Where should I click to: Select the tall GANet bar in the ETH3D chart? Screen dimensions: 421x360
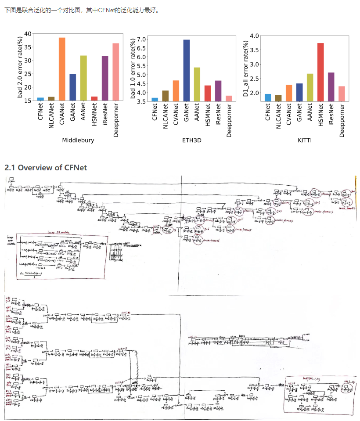coord(187,71)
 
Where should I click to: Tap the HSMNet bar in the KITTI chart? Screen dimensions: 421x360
coord(320,72)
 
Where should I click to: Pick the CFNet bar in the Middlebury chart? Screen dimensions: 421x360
coord(41,99)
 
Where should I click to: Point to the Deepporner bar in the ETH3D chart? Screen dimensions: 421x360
coord(229,98)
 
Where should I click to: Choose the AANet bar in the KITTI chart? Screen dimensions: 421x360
coord(310,87)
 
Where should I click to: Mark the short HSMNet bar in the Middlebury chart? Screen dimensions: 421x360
coord(94,99)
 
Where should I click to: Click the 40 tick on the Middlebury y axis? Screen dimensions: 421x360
coord(28,34)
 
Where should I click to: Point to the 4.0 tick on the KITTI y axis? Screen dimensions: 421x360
coord(255,35)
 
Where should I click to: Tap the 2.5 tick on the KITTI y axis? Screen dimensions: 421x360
coord(255,79)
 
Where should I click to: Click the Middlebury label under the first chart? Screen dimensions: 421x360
coord(78,140)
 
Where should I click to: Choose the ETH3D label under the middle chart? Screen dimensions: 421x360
coord(191,140)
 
